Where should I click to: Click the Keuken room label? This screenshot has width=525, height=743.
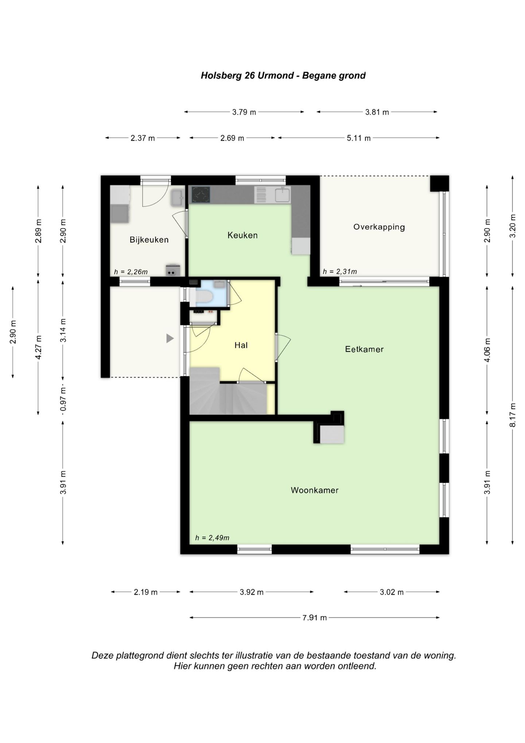[x=242, y=235]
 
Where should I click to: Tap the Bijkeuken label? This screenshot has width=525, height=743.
[x=149, y=240]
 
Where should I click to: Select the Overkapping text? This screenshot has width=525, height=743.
[x=379, y=227]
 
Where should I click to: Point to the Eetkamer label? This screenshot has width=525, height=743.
[x=364, y=349]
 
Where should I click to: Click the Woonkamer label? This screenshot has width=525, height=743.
[x=315, y=490]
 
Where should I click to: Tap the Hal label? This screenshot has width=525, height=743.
[x=241, y=345]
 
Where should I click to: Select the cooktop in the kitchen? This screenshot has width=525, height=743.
[x=201, y=195]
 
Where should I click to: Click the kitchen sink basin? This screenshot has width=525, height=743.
[x=283, y=195]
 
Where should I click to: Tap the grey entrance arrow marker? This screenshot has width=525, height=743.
[x=170, y=338]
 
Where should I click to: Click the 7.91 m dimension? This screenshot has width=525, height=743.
[x=314, y=617]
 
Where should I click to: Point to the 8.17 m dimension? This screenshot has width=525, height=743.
[x=513, y=415]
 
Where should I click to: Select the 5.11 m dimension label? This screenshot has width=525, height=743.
[x=359, y=138]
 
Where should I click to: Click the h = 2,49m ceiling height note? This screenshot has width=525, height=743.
[x=212, y=538]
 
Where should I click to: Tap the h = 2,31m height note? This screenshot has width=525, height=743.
[x=340, y=272]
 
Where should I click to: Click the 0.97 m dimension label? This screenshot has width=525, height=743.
[x=63, y=400]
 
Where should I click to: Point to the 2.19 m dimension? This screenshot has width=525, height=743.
[x=145, y=592]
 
